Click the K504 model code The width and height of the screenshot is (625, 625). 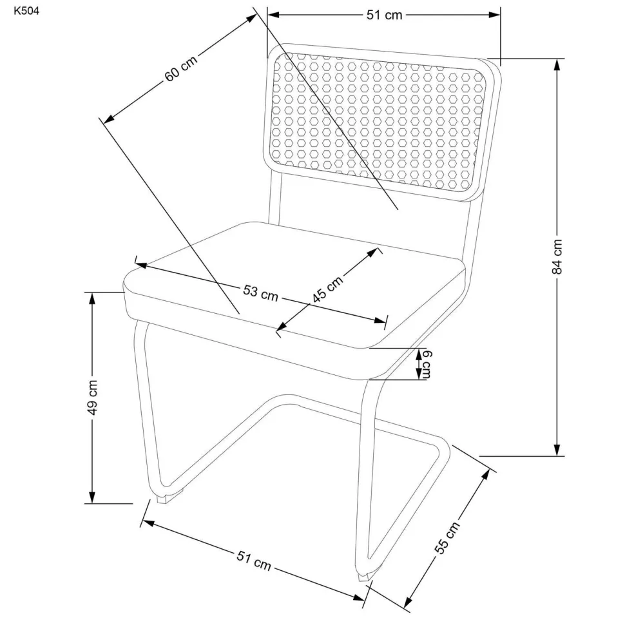pyautogui.click(x=26, y=11)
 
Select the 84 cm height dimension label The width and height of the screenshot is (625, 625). pyautogui.click(x=557, y=256)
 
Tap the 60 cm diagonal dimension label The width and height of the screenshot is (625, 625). pyautogui.click(x=181, y=68)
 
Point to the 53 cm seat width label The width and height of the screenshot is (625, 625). pyautogui.click(x=261, y=293)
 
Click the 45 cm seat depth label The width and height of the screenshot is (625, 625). pyautogui.click(x=327, y=289)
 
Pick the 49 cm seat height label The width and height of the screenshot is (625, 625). pyautogui.click(x=92, y=398)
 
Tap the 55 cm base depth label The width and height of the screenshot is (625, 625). pyautogui.click(x=447, y=537)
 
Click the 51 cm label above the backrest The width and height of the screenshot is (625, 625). pyautogui.click(x=384, y=15)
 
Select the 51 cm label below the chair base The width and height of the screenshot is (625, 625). pyautogui.click(x=253, y=561)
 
